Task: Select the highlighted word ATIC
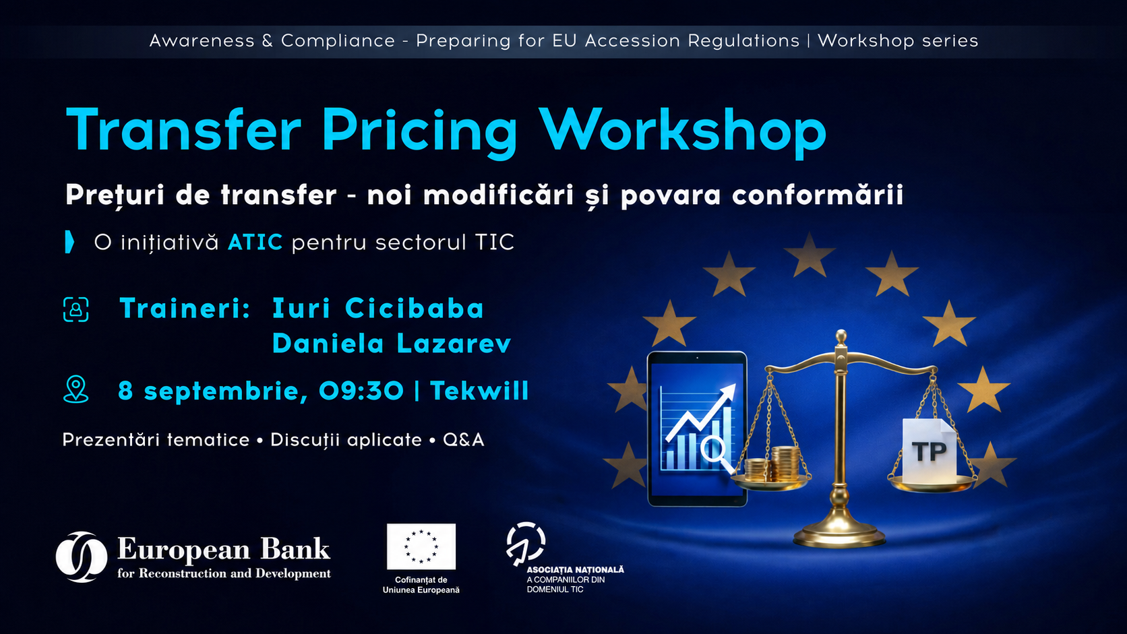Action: tap(255, 243)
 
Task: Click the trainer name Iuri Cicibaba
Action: tap(378, 308)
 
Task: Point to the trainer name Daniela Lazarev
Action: tap(392, 344)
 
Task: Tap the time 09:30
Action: tap(361, 391)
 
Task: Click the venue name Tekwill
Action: tap(479, 391)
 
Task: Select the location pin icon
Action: tap(76, 389)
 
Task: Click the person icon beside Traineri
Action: tap(76, 309)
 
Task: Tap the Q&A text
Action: tap(463, 440)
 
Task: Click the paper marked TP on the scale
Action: tap(930, 451)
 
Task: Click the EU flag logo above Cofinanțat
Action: tap(421, 546)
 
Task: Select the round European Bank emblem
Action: tap(81, 557)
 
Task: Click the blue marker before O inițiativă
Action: tap(69, 242)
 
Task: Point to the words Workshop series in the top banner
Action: tap(898, 40)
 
